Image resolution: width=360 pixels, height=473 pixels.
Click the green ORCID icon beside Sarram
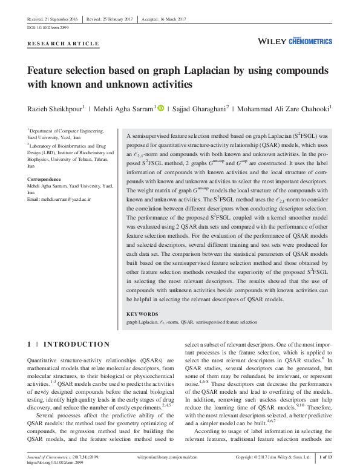161,108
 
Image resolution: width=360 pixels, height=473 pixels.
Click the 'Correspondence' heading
44,180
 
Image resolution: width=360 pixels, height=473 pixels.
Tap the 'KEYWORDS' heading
143,314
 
